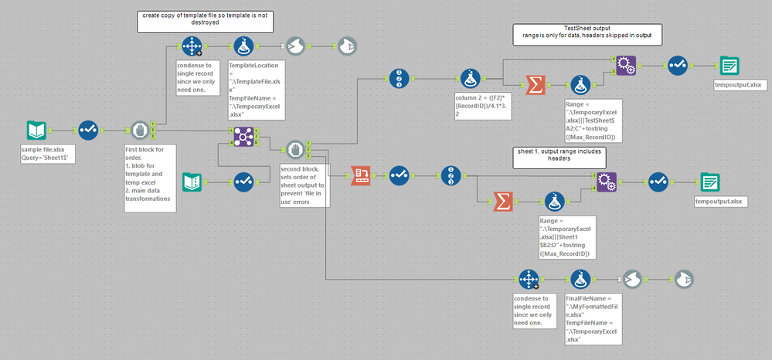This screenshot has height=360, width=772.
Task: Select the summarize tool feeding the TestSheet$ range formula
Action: pyautogui.click(x=533, y=87)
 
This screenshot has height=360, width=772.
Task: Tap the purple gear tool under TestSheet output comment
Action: pyautogui.click(x=627, y=66)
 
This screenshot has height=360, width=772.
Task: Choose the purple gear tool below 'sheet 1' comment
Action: pyautogui.click(x=607, y=181)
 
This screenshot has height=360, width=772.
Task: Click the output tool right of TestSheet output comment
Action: pyautogui.click(x=728, y=66)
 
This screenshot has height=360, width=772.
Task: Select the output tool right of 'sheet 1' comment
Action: pyautogui.click(x=709, y=182)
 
